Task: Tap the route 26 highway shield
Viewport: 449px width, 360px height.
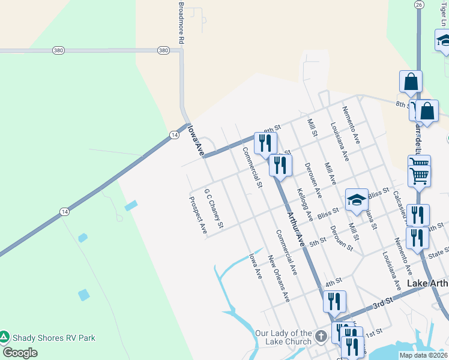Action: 419,4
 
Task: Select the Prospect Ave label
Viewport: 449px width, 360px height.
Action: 199,214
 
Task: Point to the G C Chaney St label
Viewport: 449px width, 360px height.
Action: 214,209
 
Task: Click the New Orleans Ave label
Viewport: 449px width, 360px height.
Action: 279,278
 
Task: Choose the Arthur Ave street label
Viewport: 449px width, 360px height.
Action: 296,229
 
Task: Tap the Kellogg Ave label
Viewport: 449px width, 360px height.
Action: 305,204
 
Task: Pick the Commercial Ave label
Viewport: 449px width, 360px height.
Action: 286,253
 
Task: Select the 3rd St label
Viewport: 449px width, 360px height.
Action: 382,305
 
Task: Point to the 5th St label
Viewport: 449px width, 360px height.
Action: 318,241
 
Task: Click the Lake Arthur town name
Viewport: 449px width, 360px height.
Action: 427,283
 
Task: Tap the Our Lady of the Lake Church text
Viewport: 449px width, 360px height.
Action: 284,337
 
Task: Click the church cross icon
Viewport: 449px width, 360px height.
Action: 321,336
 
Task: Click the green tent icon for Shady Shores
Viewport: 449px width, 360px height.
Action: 5,337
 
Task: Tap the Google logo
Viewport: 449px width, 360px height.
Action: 20,353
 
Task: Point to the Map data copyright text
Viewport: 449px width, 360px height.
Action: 423,355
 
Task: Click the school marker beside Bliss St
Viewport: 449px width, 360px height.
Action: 357,201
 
